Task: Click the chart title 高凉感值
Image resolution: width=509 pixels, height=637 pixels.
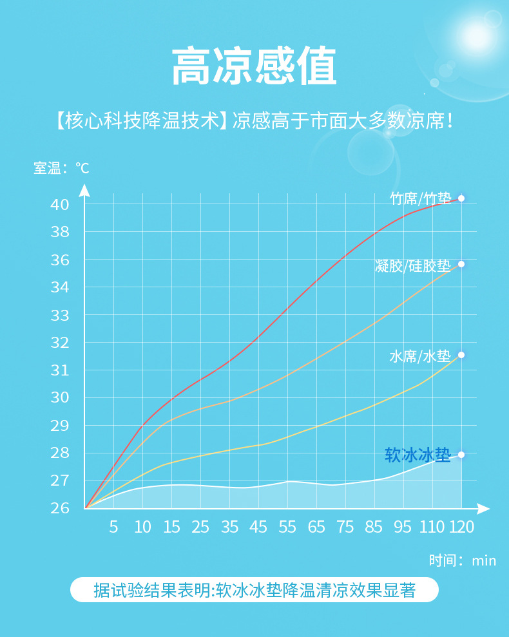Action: (x=254, y=67)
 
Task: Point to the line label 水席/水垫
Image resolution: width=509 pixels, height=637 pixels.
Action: (x=419, y=356)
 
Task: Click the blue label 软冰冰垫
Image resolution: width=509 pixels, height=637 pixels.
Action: (x=418, y=455)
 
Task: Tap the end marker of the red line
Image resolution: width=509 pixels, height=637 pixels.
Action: (x=461, y=198)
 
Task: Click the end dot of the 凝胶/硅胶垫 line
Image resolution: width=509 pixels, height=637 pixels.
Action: (x=461, y=264)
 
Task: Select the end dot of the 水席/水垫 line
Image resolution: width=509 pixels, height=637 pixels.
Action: (x=461, y=355)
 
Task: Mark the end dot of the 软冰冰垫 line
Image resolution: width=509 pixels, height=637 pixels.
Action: (x=461, y=455)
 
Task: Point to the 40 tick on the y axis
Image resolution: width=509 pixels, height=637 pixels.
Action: (x=59, y=205)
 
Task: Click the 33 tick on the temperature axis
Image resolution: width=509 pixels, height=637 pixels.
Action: (x=59, y=316)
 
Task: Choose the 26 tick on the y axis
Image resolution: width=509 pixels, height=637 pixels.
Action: (x=59, y=508)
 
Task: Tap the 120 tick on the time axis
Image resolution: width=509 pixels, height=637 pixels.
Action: (x=461, y=527)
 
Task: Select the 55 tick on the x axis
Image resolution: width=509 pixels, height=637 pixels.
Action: (x=287, y=527)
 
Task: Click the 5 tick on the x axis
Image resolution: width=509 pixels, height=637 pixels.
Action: (x=113, y=527)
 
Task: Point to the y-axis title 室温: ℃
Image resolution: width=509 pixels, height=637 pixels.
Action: (x=62, y=169)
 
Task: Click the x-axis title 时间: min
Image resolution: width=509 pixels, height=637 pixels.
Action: (x=463, y=560)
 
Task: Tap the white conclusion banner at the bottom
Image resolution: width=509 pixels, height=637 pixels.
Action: (x=254, y=590)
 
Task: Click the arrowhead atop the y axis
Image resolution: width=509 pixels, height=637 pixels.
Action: (x=84, y=190)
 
